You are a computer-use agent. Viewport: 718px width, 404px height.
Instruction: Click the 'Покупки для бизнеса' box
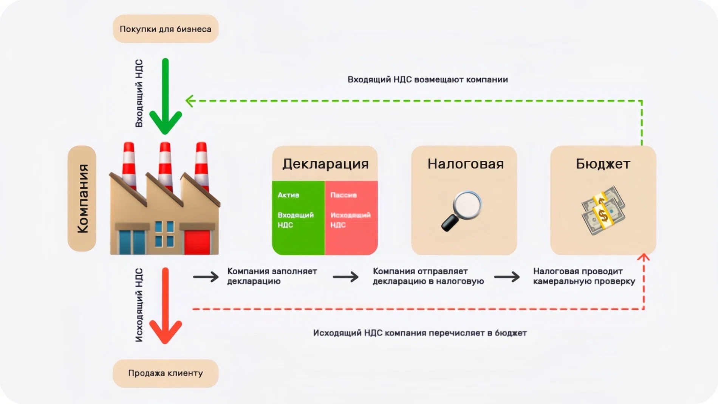coord(166,29)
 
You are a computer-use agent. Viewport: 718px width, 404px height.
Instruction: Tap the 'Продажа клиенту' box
coord(166,373)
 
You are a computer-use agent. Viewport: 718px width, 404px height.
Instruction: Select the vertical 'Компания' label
coord(82,199)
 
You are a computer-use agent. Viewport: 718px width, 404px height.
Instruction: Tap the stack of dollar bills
coord(603,210)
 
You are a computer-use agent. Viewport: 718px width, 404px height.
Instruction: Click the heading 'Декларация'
coord(325,164)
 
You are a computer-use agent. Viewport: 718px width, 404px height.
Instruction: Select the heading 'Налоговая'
coord(466,164)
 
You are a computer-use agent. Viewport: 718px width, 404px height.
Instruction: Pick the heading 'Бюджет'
coord(603,164)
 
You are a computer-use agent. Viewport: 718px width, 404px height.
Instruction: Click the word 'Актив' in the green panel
coord(288,195)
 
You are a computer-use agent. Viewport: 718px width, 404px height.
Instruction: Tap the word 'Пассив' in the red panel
coord(344,195)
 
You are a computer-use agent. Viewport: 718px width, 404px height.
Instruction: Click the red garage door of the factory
coord(197,242)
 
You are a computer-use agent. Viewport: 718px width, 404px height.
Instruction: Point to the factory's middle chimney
coord(165,163)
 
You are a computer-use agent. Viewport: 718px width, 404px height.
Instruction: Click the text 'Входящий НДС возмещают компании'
coord(427,80)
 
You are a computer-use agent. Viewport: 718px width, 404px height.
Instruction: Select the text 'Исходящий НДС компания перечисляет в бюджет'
coord(419,333)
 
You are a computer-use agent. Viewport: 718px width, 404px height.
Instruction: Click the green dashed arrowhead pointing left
coord(190,101)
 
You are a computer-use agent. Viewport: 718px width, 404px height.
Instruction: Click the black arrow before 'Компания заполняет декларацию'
coord(206,277)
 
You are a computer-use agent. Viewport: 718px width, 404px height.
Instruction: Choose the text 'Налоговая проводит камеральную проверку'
coord(584,277)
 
